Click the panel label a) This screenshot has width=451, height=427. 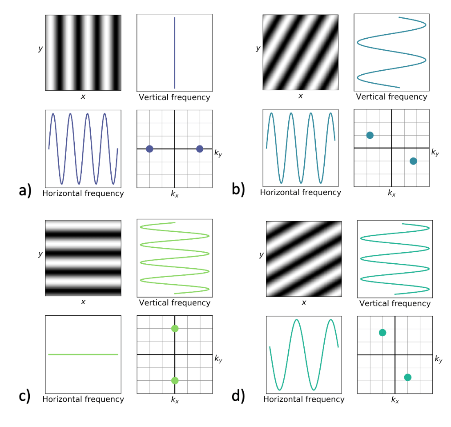coord(25,190)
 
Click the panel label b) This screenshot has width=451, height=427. coord(238,189)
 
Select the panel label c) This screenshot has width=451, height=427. coord(25,395)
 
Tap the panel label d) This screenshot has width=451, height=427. coord(238,395)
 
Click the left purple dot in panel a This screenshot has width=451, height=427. coord(149,149)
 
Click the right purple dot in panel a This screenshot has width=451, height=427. coord(200,149)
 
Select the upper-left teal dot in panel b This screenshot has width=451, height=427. coord(370,135)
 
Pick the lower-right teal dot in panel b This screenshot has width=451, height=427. coord(413,161)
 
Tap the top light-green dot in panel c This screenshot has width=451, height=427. coord(175,329)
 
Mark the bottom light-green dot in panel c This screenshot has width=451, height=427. coord(175,380)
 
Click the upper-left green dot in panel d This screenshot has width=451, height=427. coord(382,333)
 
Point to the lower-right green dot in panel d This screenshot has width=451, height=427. coord(407,377)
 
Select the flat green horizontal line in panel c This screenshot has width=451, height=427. coord(83,354)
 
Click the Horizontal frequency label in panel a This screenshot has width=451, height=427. coord(83,193)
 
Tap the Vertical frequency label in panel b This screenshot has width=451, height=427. coord(391,97)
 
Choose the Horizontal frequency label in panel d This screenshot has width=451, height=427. coord(304,399)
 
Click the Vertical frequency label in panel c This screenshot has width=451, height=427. coord(174,303)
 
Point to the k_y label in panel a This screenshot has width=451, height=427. coord(218,153)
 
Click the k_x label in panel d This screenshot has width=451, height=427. coord(395,400)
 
